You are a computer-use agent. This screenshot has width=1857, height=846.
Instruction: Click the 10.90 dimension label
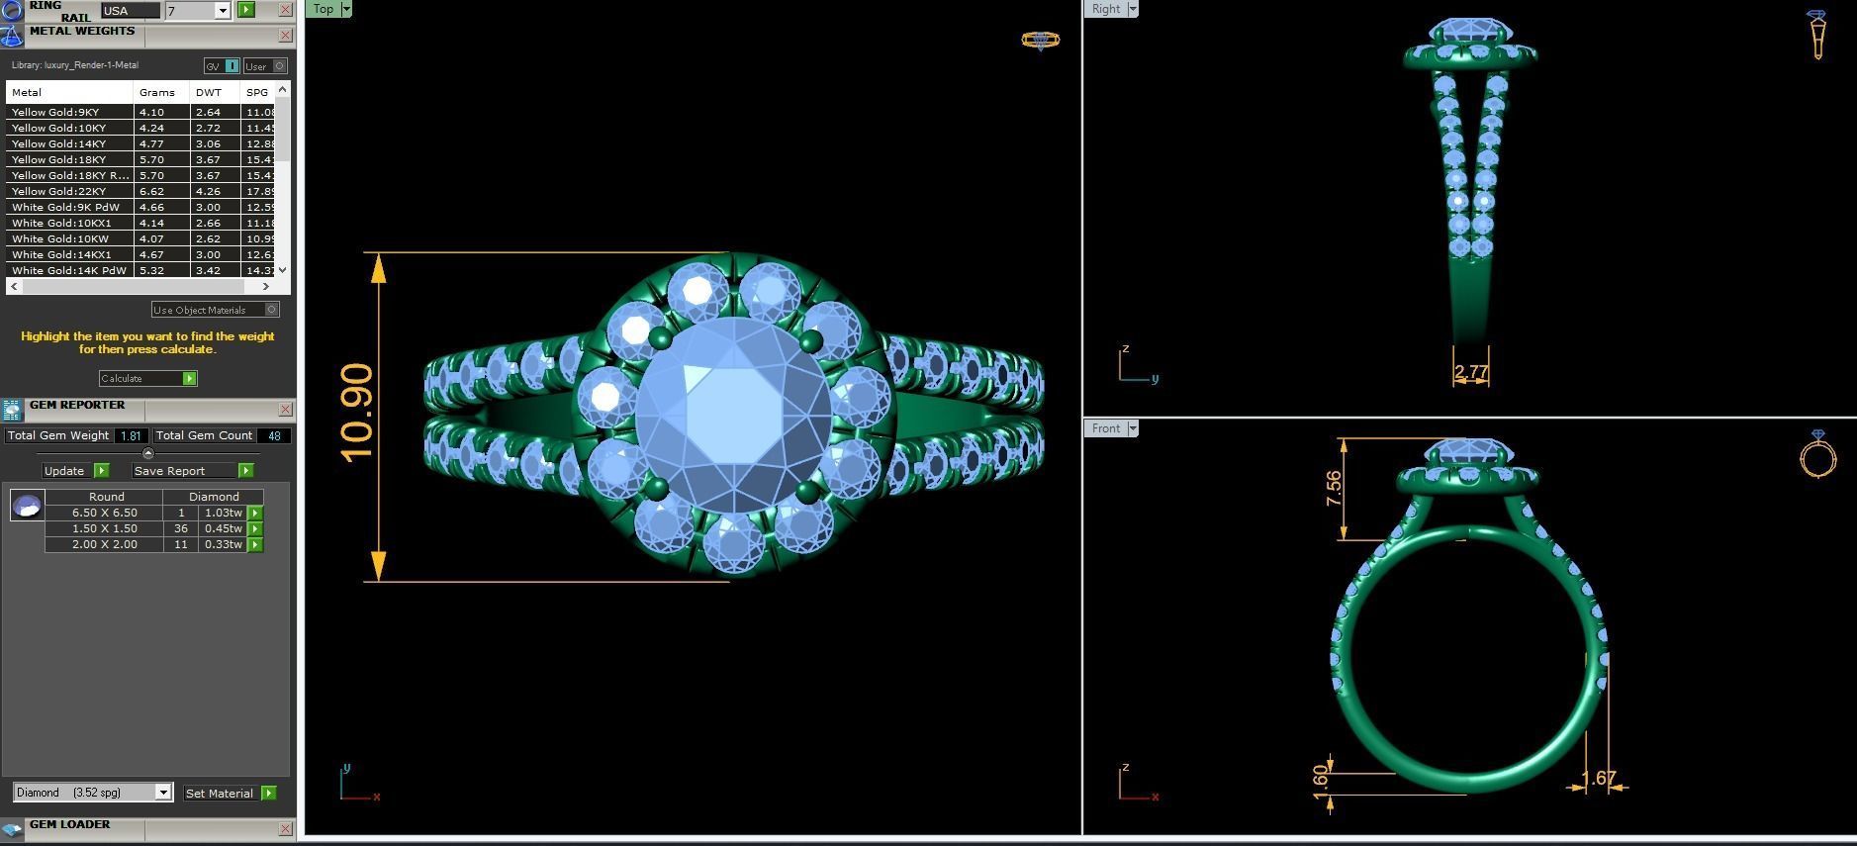coord(357,414)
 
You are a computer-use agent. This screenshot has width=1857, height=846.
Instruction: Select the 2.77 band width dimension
coord(1471,373)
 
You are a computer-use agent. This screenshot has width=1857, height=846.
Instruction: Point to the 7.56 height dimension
coord(1334,489)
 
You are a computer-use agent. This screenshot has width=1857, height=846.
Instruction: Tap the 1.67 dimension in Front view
coord(1599,779)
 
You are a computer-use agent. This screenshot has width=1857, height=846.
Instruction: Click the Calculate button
coord(147,378)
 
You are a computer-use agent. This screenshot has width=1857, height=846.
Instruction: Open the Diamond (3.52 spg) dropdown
coord(93,793)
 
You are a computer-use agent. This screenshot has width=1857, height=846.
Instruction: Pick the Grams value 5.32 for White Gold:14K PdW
coord(152,270)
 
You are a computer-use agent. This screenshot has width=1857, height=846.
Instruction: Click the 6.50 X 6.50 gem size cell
coord(104,513)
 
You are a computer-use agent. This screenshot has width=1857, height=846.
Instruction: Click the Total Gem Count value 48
coord(274,435)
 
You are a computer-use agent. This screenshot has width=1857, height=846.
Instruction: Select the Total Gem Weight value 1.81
coord(130,435)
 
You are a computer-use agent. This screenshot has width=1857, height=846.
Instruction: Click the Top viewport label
coord(324,9)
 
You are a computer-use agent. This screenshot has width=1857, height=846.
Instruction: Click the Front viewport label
coord(1105,428)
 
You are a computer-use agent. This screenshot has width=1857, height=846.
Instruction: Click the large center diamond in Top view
coord(734,416)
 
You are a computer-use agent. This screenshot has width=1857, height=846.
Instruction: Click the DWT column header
coord(209,92)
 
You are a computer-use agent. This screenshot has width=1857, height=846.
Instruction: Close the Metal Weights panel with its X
coord(286,36)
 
